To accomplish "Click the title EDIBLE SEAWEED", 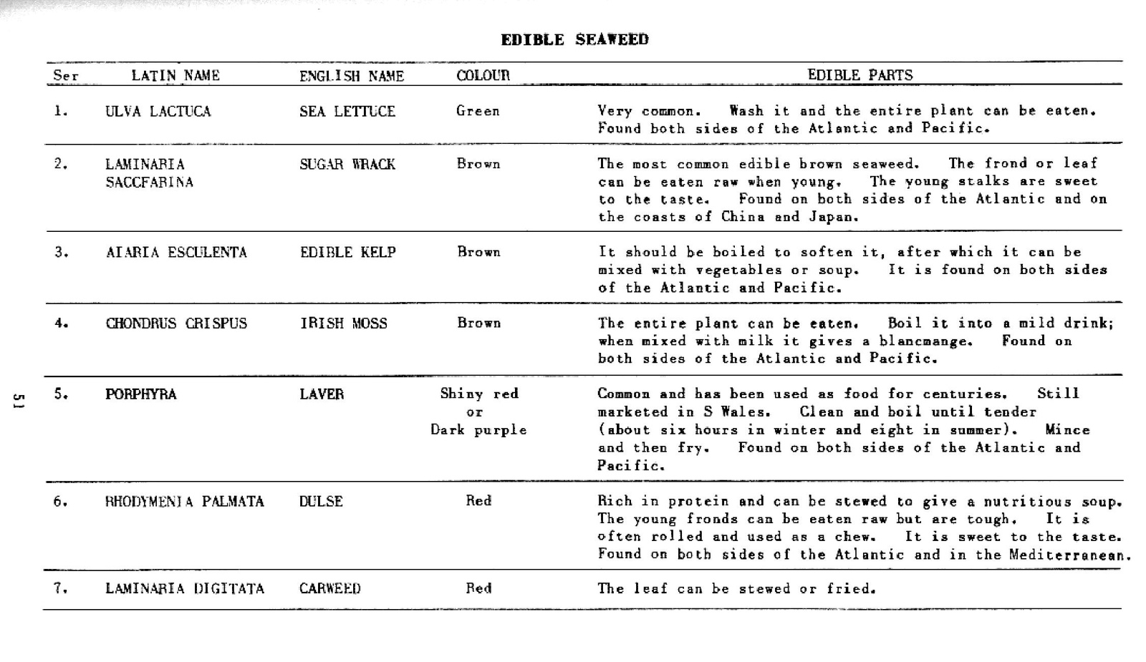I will (574, 39).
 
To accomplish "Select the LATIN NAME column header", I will (175, 75).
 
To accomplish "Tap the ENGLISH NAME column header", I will (352, 76).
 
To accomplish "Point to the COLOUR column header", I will (483, 75).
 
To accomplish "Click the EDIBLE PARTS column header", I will (860, 75).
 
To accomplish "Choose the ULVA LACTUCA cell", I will (158, 111).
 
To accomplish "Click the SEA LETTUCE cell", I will (347, 111).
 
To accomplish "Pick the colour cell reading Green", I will (478, 111).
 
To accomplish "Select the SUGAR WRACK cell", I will (347, 164).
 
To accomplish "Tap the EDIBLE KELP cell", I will (348, 252).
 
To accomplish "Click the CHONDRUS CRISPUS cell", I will (176, 323).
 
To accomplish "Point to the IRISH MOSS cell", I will (344, 323).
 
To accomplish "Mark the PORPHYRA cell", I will (140, 394).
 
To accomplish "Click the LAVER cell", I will (322, 394).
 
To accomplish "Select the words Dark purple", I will (478, 429).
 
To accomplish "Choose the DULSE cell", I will (321, 501).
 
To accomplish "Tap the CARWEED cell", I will (330, 588).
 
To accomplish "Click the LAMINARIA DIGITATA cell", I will (185, 588).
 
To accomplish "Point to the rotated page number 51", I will (19, 401).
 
